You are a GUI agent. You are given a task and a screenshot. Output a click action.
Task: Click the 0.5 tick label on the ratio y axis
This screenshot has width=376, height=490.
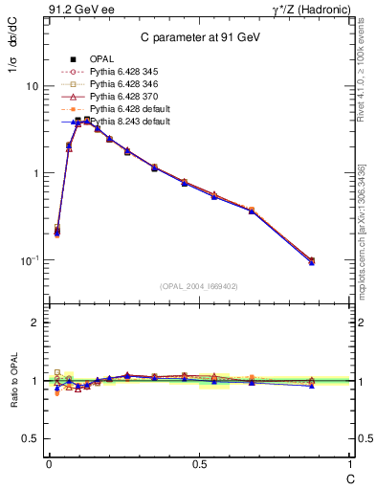click(29, 438)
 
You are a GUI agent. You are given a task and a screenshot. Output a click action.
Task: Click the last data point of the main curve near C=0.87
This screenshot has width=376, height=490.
click(312, 261)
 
